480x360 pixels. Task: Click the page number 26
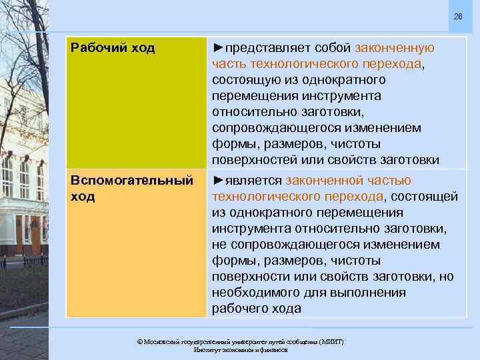click(457, 16)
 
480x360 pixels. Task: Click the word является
click(253, 181)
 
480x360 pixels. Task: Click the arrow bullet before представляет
click(218, 48)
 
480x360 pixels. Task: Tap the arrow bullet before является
click(218, 181)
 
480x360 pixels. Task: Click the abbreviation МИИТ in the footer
click(329, 341)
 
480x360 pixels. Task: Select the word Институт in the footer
click(207, 349)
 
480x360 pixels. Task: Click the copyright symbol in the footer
click(139, 341)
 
